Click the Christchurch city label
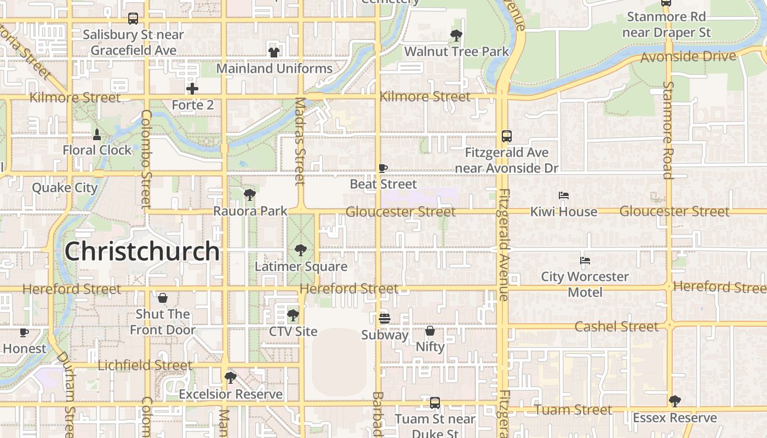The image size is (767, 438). (x=142, y=252)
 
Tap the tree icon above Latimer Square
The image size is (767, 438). (x=300, y=251)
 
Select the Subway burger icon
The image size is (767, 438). (x=385, y=319)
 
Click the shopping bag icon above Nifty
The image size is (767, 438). (x=430, y=331)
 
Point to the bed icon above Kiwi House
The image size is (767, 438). (x=563, y=195)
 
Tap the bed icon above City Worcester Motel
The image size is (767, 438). (x=585, y=261)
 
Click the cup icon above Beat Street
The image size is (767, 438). (x=383, y=168)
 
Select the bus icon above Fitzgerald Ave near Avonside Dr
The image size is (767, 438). (x=507, y=136)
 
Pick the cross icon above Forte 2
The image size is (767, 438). (x=192, y=89)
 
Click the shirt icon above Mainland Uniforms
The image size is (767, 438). (x=273, y=53)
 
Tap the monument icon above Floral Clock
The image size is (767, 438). (x=97, y=134)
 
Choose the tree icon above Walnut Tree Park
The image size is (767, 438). (x=456, y=36)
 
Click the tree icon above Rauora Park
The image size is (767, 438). (x=250, y=194)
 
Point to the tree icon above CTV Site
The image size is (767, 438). (x=293, y=315)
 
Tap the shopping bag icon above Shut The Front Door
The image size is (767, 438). (x=162, y=298)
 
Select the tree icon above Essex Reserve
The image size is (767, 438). (x=674, y=401)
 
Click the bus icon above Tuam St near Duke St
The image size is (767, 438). (x=435, y=403)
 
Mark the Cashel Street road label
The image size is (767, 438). (x=616, y=327)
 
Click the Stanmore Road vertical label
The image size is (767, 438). (x=668, y=130)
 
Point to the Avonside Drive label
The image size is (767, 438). (x=688, y=56)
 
